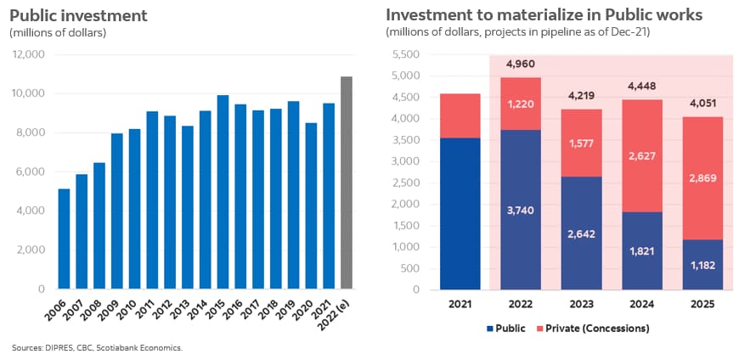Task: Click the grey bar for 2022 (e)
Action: (347, 183)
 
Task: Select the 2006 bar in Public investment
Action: (64, 239)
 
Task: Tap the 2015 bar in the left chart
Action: (223, 192)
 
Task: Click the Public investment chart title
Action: (78, 15)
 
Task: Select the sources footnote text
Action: (97, 348)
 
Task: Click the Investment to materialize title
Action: (550, 15)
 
